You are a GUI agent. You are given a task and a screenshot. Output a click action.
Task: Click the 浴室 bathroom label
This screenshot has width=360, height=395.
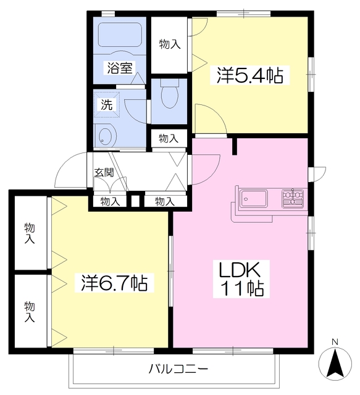(119, 69)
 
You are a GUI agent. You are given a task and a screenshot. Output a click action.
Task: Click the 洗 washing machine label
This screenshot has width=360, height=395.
(106, 105)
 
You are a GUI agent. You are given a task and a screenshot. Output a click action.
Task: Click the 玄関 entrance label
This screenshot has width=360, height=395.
(103, 172)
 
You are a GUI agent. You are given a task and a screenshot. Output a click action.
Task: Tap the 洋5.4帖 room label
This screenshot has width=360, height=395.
(249, 75)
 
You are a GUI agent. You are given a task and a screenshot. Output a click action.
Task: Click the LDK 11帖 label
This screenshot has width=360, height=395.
(240, 278)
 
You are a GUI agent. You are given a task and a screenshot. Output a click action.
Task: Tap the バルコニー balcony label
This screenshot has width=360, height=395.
(178, 370)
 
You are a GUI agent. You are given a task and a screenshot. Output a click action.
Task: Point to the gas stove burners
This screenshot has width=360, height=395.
(293, 198)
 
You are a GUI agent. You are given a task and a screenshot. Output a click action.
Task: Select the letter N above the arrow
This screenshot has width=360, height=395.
(334, 342)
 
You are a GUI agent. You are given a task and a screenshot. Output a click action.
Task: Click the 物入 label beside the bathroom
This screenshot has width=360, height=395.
(169, 44)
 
